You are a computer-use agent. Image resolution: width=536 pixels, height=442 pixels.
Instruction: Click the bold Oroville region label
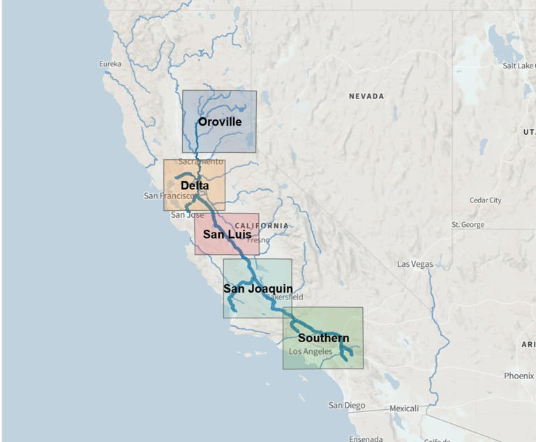[x=219, y=121]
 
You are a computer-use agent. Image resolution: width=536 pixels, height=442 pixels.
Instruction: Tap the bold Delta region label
[x=194, y=186]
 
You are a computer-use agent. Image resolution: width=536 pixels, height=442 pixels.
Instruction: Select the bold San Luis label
[x=227, y=235]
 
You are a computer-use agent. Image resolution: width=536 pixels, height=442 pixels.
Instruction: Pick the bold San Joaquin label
[x=258, y=288]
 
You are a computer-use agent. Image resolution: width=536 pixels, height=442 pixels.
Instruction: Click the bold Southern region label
[x=323, y=339]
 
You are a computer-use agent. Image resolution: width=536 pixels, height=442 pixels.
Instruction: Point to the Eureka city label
[x=110, y=64]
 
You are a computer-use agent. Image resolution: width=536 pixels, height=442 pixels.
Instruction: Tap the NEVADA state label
[x=366, y=96]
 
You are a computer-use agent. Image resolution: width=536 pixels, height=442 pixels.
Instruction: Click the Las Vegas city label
[x=415, y=264]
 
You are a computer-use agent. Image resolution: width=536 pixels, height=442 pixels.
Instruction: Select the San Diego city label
[x=347, y=405]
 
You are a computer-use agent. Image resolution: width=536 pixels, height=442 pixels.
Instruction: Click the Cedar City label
[x=485, y=200]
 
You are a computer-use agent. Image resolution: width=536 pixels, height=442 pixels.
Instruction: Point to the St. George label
[x=468, y=225]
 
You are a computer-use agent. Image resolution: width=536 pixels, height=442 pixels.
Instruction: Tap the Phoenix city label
[x=519, y=376]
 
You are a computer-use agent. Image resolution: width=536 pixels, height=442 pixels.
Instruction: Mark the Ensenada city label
[x=366, y=439]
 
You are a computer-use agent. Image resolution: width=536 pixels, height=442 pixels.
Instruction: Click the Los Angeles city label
[x=311, y=351]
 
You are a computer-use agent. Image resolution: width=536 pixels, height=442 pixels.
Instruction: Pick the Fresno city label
[x=258, y=240]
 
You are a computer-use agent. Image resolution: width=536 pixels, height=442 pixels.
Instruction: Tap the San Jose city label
[x=188, y=215]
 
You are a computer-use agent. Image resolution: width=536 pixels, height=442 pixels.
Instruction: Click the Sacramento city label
[x=201, y=161]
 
